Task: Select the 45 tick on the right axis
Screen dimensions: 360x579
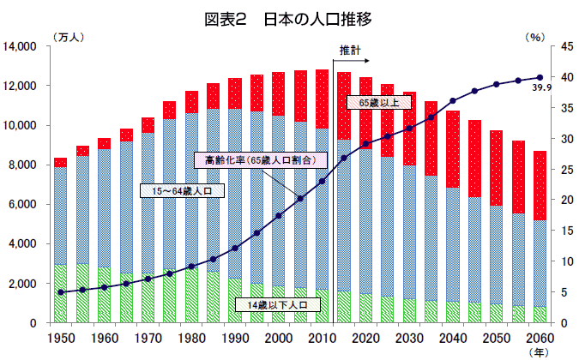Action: point(557,46)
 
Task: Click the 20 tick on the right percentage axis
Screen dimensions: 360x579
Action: point(557,200)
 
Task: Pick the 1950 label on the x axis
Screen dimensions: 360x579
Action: point(60,339)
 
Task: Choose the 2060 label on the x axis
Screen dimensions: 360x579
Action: point(540,339)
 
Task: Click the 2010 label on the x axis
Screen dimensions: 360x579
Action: point(322,339)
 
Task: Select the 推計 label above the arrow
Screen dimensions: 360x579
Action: point(350,50)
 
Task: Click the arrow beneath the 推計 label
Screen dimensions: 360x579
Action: point(351,61)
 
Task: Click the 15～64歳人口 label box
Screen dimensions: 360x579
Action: point(181,190)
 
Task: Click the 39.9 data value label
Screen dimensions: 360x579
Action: point(542,88)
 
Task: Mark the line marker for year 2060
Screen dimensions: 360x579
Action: point(540,78)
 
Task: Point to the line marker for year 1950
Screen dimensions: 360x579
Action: point(60,292)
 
